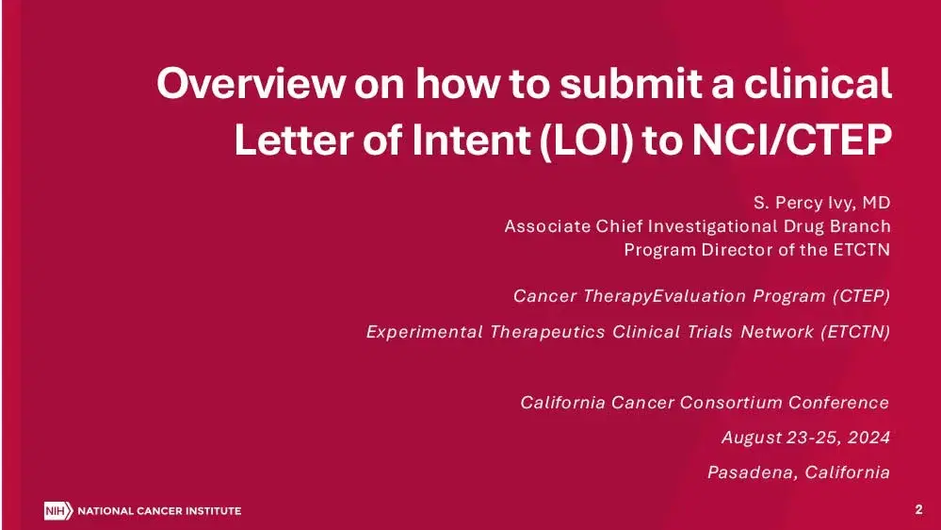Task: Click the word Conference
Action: (x=838, y=403)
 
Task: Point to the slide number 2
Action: (x=918, y=510)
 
